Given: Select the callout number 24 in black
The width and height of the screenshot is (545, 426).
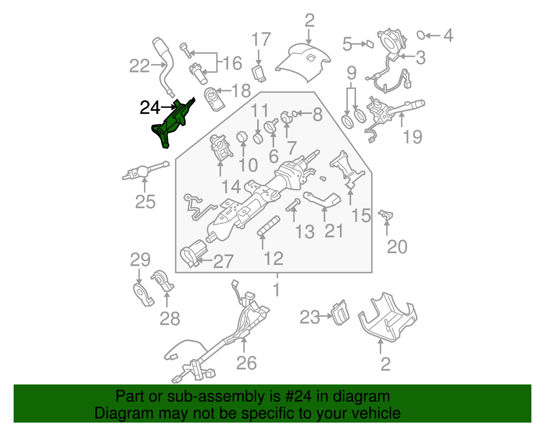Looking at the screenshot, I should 151,107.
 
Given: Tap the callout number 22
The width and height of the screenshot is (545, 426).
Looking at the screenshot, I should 139,67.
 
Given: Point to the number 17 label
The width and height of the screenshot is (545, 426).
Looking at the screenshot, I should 261,40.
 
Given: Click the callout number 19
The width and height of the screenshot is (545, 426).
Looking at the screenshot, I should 413,136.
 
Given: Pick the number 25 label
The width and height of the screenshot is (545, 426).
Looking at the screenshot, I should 146,202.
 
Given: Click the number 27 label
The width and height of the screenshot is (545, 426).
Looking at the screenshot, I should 222,262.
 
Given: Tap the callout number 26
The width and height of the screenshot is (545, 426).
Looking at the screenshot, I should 247,362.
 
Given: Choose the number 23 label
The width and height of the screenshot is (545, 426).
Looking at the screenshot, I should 310,316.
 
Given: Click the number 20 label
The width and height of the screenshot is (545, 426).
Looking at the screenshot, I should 397,247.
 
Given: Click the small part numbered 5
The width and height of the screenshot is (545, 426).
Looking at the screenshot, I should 368,43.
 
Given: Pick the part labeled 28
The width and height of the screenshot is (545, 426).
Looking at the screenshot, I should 163,283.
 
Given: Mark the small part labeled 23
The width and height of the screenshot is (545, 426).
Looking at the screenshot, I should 341,312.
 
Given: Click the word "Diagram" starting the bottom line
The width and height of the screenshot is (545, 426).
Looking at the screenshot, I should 112,413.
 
